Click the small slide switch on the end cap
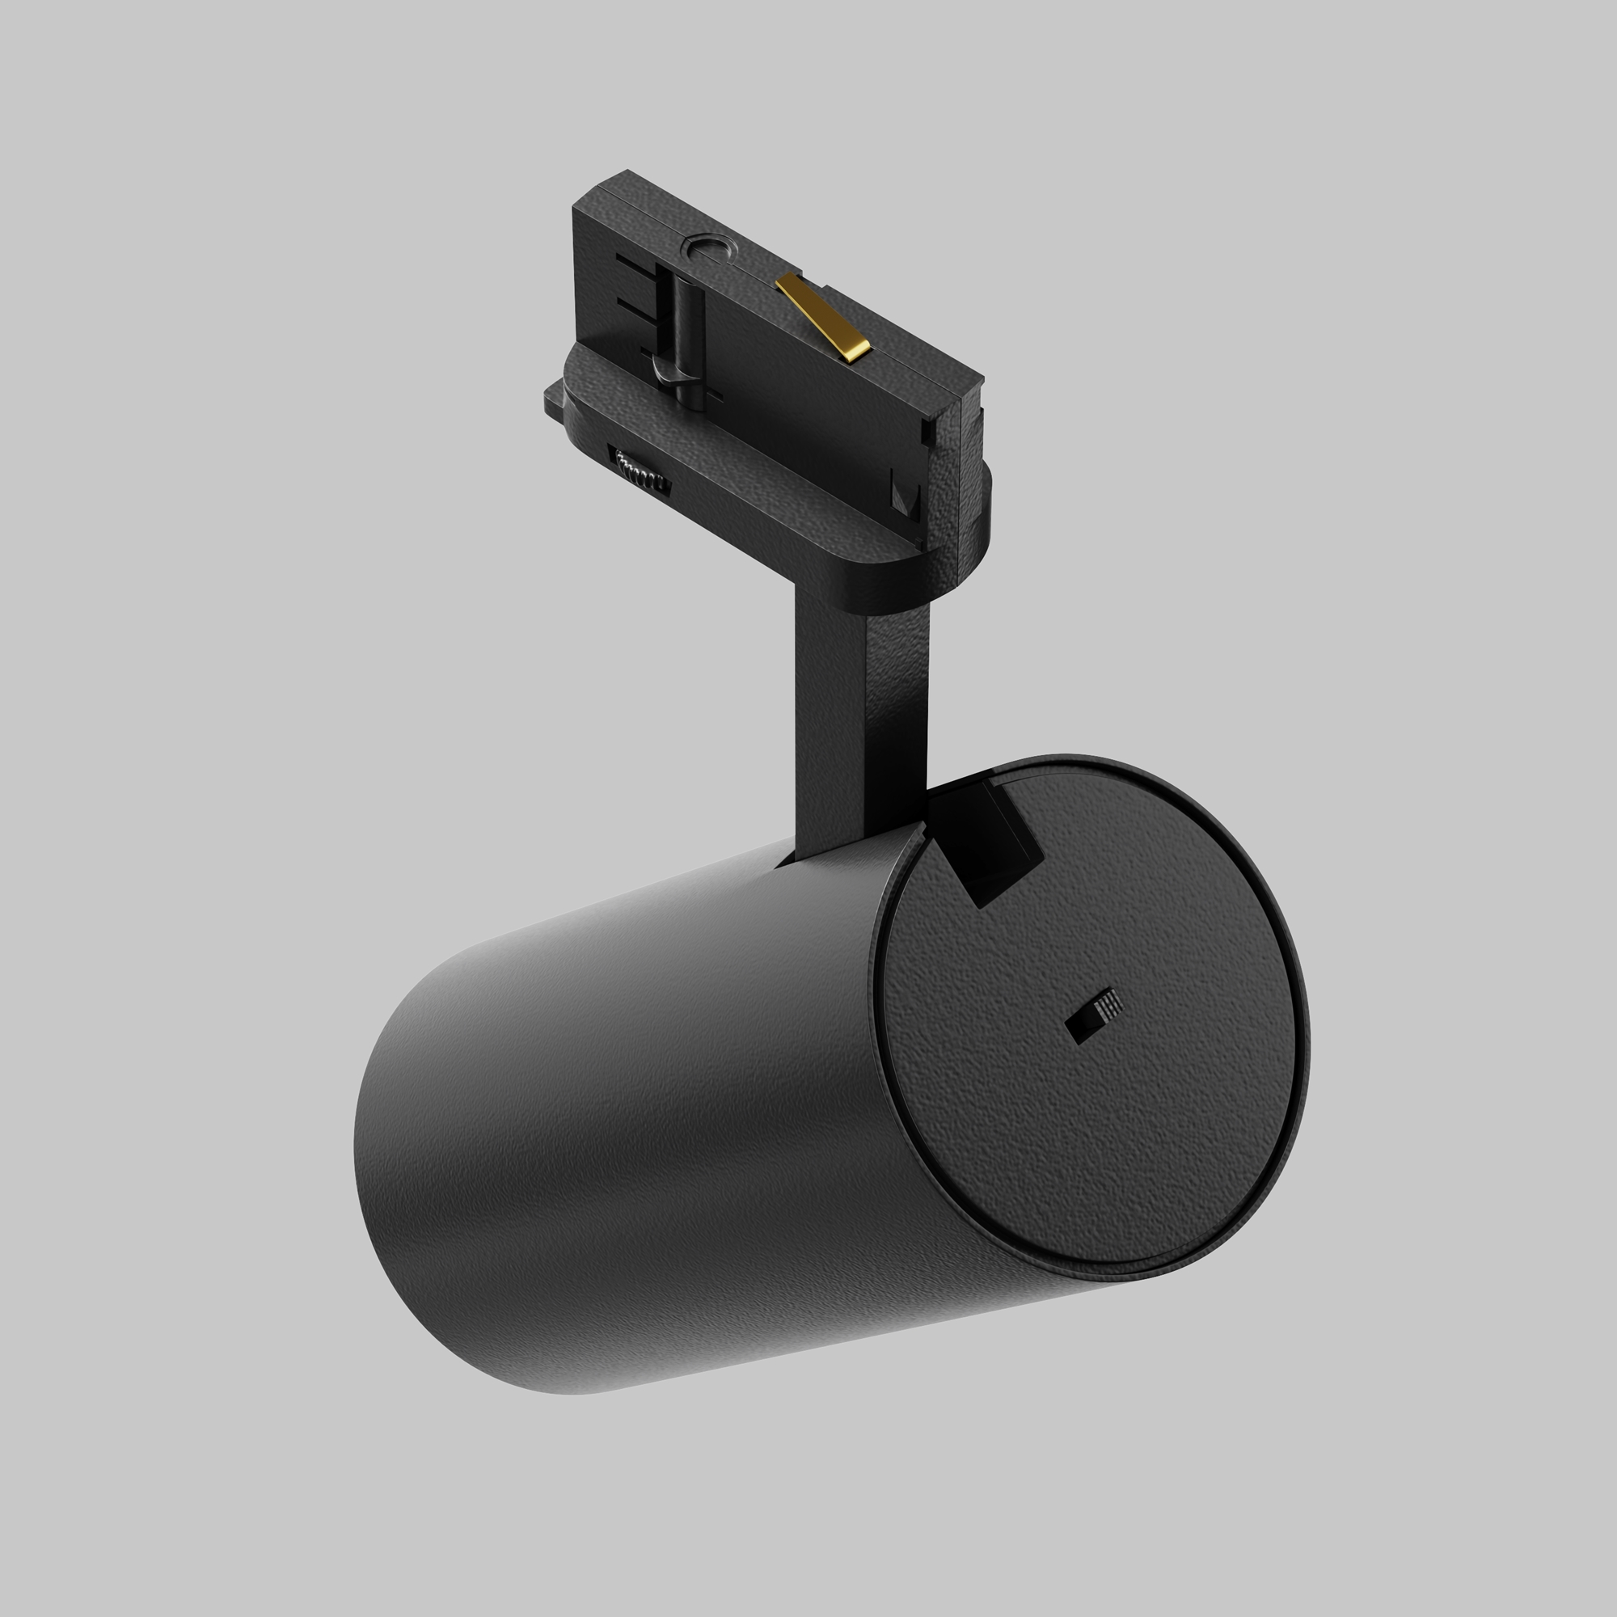tap(1094, 1016)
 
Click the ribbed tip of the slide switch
tap(1109, 1002)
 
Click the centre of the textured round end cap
tap(1092, 1017)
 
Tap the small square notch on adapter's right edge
tap(927, 430)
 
